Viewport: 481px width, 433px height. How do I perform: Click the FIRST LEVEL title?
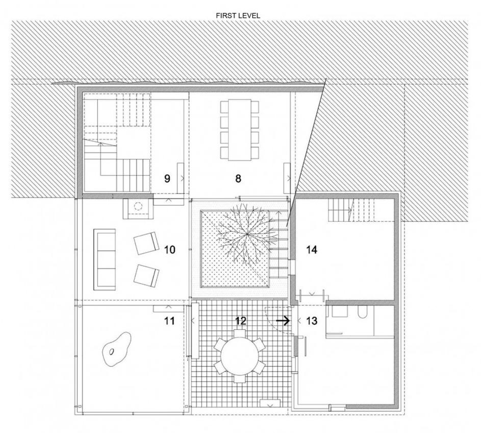point(238,16)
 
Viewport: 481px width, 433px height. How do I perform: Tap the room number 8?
point(238,178)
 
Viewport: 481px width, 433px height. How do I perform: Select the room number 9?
point(167,178)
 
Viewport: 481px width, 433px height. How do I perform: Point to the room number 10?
point(170,249)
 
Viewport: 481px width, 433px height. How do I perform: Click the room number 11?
point(169,321)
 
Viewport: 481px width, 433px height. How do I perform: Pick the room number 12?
point(241,321)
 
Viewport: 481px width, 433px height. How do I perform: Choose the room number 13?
point(311,321)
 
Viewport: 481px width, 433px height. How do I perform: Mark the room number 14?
point(312,249)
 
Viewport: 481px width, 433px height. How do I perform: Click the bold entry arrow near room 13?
point(283,321)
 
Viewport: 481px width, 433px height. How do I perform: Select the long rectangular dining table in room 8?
point(240,130)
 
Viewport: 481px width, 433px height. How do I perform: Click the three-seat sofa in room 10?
point(105,259)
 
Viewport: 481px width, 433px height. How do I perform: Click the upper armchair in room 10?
point(146,243)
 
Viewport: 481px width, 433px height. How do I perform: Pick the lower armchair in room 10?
point(146,276)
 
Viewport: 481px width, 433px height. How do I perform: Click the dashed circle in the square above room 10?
point(138,206)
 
